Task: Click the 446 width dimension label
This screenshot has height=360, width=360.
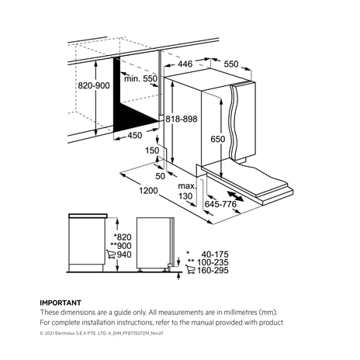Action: pyautogui.click(x=185, y=64)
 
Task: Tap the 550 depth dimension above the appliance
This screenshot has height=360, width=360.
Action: pyautogui.click(x=231, y=64)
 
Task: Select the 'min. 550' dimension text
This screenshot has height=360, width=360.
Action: pyautogui.click(x=140, y=78)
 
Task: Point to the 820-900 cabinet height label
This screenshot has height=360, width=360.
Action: pyautogui.click(x=94, y=85)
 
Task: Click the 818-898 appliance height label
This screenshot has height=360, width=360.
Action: pyautogui.click(x=182, y=119)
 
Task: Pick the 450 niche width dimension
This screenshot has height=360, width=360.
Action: pyautogui.click(x=135, y=135)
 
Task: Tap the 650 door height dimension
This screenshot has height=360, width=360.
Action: pyautogui.click(x=217, y=139)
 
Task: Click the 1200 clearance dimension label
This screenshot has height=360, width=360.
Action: pyautogui.click(x=148, y=191)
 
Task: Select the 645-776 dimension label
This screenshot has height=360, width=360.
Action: pyautogui.click(x=220, y=204)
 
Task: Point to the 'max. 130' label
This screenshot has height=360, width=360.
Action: pyautogui.click(x=187, y=191)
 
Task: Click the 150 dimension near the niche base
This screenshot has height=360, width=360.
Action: pyautogui.click(x=152, y=151)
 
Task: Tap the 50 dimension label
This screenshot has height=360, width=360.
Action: pyautogui.click(x=160, y=176)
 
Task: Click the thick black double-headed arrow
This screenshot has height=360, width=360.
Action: pyautogui.click(x=235, y=196)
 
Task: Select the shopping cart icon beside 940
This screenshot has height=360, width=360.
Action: pyautogui.click(x=111, y=254)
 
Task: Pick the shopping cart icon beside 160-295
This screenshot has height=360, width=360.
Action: pyautogui.click(x=190, y=270)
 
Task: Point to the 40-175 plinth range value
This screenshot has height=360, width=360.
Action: pyautogui.click(x=215, y=254)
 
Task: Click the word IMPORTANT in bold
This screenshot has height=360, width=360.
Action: pyautogui.click(x=61, y=303)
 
